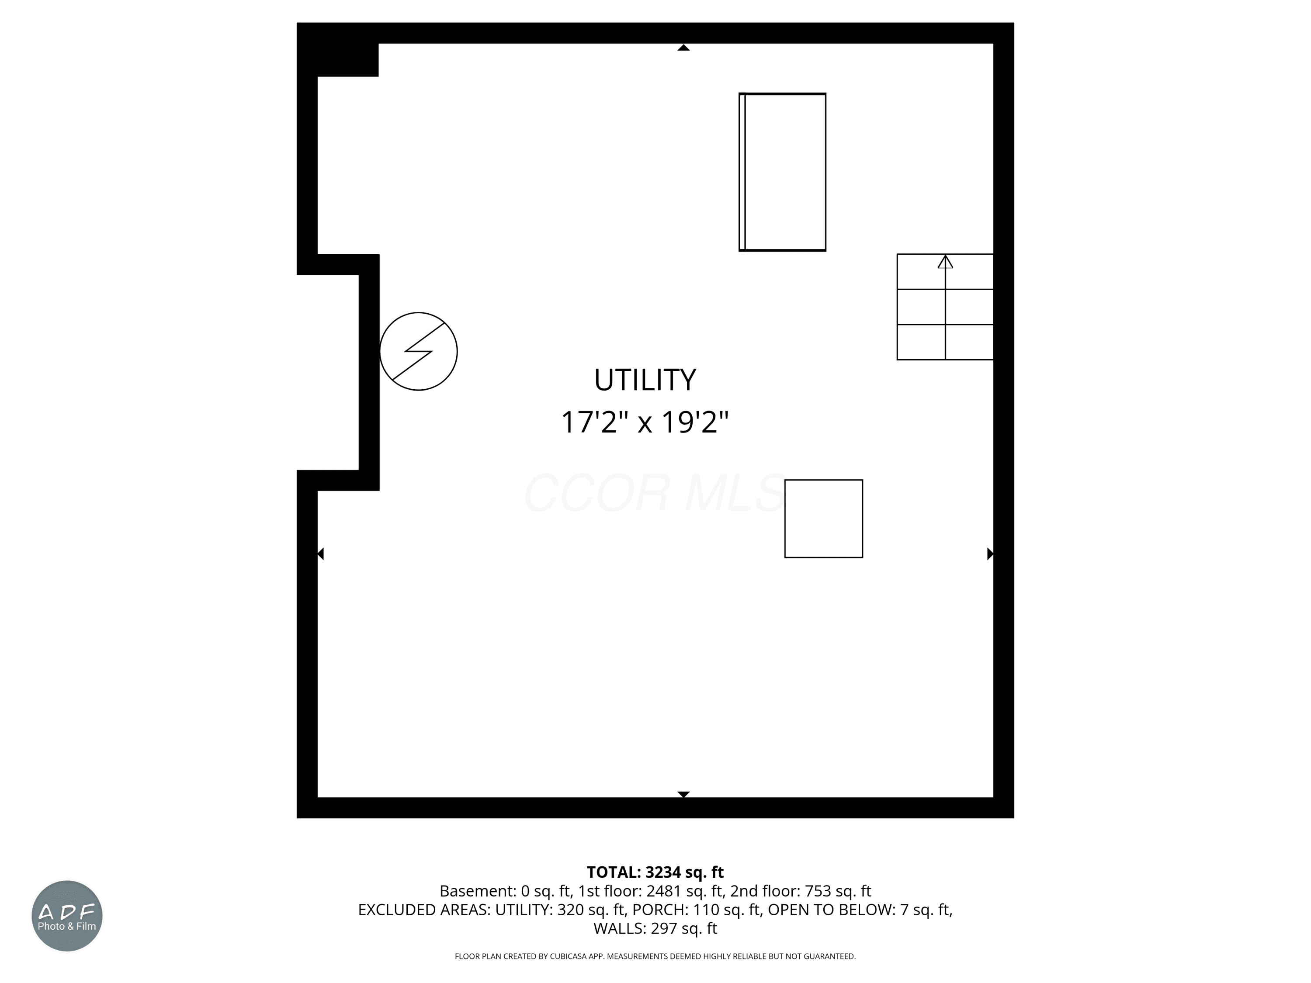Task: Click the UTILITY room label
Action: coord(645,380)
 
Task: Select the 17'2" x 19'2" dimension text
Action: coord(645,422)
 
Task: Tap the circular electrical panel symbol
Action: coord(419,351)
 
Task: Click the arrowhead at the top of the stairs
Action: coord(945,261)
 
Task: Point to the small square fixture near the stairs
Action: coord(824,519)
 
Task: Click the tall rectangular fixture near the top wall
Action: coord(782,172)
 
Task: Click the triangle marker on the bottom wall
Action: coord(683,794)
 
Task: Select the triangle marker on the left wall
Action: coord(321,554)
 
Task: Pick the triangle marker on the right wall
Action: coord(990,554)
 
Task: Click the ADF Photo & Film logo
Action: coord(67,916)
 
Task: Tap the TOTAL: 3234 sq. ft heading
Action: coord(655,872)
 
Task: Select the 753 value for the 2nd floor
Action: coord(819,891)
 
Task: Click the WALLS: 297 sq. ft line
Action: coord(655,928)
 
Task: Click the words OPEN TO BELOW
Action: coord(832,910)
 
